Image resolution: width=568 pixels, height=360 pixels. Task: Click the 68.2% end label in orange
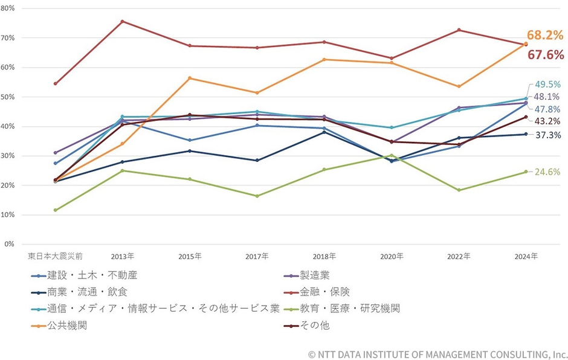tap(544, 36)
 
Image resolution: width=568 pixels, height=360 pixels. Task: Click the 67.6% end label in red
tap(546, 55)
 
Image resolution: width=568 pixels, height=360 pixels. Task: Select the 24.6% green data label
tap(547, 172)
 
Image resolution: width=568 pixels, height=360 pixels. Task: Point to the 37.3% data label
tap(549, 135)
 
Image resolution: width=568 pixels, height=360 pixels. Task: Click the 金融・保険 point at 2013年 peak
tap(122, 22)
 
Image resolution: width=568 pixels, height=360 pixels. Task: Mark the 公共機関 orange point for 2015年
tap(190, 78)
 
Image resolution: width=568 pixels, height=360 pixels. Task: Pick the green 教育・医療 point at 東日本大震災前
tap(55, 210)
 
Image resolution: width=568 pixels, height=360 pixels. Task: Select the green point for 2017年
tap(257, 196)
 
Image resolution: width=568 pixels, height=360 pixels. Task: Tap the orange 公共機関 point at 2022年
tap(459, 86)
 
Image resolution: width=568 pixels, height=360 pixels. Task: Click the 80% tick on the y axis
tap(9, 9)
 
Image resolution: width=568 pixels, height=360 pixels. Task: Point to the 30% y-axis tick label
tap(9, 156)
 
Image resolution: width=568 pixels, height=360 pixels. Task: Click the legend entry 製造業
tap(316, 275)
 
